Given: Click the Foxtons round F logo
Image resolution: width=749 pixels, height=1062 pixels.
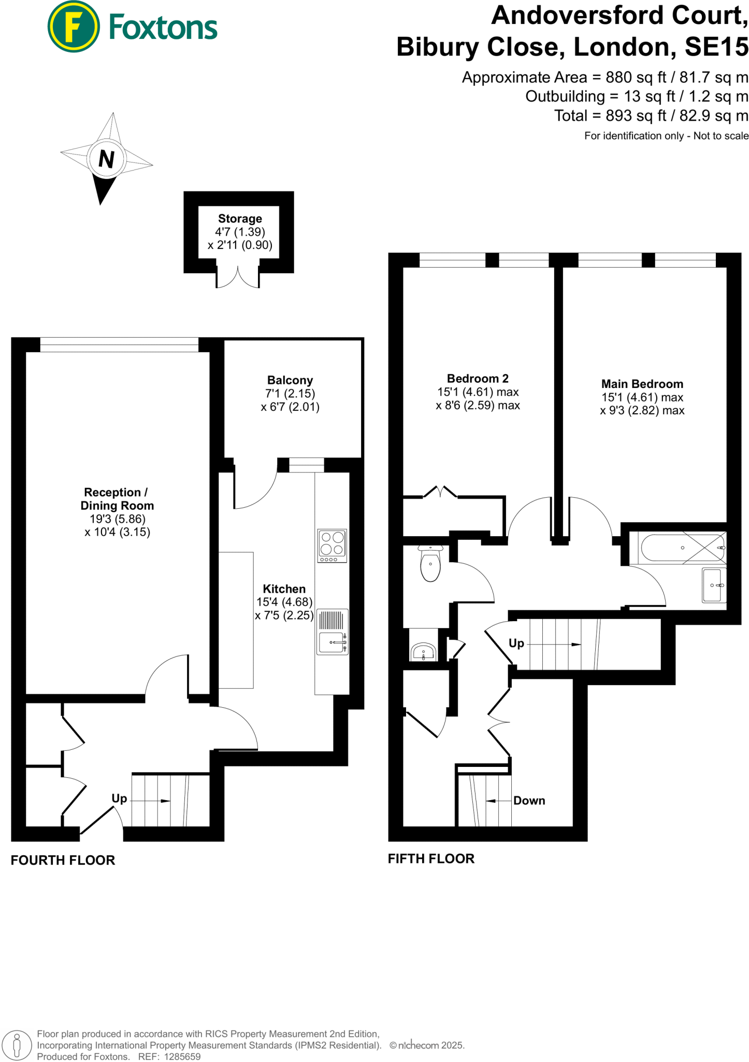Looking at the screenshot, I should [x=73, y=26].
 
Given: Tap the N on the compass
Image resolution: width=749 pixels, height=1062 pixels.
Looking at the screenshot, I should [x=106, y=159].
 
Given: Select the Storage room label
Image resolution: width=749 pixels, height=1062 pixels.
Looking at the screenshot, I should [x=240, y=218].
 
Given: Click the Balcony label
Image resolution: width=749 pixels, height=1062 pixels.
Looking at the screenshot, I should [x=290, y=380].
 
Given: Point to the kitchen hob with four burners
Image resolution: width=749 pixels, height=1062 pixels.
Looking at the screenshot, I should [x=332, y=545].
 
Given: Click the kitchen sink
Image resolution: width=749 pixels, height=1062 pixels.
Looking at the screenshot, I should [x=332, y=642].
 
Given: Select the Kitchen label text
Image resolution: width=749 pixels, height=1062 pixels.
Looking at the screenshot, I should [x=284, y=589].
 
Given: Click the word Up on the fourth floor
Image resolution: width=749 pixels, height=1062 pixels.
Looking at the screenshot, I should [x=119, y=798].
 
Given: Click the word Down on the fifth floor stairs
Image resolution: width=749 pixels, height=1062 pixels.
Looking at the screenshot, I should [x=529, y=800].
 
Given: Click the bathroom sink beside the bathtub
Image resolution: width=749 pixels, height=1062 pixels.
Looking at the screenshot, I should [x=713, y=585].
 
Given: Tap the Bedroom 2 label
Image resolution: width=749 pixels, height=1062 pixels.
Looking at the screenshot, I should [x=478, y=378].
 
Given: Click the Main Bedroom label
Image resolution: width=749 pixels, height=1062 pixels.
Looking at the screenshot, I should [x=642, y=384].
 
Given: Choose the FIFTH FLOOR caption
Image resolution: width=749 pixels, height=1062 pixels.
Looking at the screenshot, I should [x=431, y=858].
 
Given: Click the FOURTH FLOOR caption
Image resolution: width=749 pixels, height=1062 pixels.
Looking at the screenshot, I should [x=63, y=860].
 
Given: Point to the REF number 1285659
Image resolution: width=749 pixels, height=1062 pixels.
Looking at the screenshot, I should [x=182, y=1056].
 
